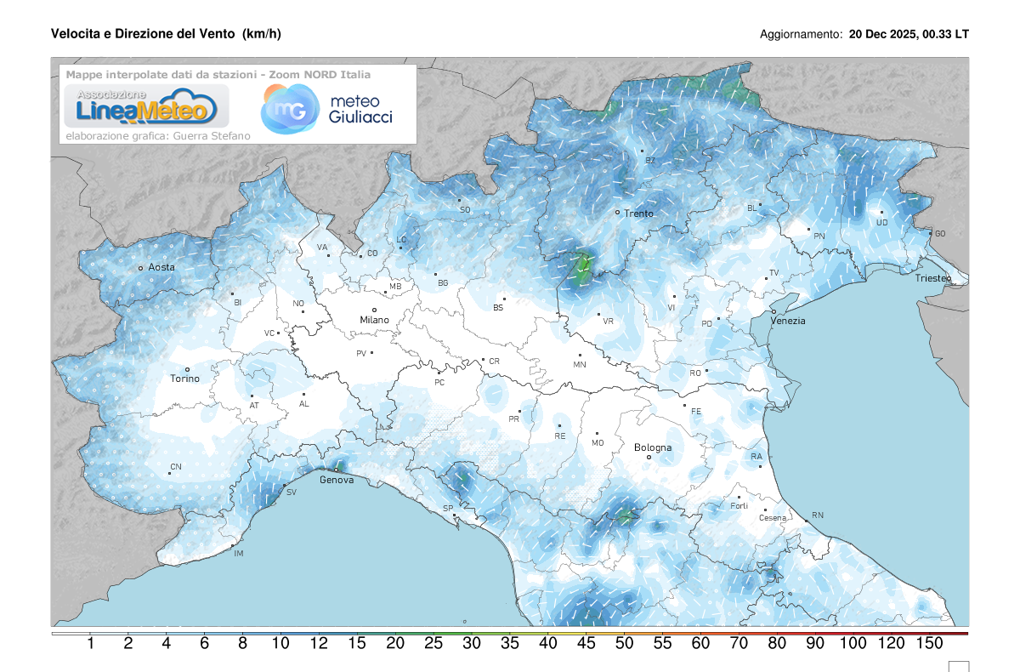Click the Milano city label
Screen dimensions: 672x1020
374,320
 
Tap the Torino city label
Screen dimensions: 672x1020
184,379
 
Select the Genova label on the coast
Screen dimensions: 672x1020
337,480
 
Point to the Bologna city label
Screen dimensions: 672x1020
652,447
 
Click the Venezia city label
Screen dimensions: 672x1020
787,321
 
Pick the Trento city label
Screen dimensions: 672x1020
638,214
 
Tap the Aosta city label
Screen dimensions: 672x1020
161,267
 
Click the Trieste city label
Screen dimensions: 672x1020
933,278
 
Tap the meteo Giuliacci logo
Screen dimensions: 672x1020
327,109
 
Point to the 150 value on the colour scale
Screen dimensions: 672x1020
929,644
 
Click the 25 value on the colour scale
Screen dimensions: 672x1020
433,644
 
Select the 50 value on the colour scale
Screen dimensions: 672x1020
624,644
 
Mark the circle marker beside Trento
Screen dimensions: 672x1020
618,211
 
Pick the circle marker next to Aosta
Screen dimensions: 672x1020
141,268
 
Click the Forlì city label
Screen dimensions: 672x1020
739,506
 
